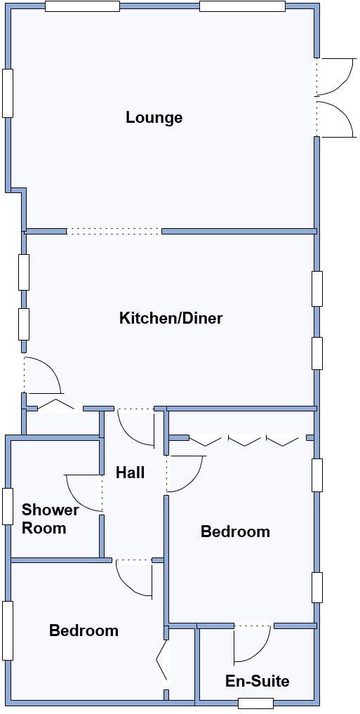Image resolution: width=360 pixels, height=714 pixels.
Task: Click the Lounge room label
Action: pyautogui.click(x=154, y=117)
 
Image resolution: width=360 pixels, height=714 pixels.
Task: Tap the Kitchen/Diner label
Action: pyautogui.click(x=171, y=318)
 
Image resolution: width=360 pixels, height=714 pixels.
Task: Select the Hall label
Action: pyautogui.click(x=130, y=472)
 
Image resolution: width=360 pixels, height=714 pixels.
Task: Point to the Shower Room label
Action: pyautogui.click(x=50, y=519)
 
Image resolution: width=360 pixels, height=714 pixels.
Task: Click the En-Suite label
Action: pyautogui.click(x=257, y=681)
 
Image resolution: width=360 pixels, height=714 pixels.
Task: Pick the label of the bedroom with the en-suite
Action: pyautogui.click(x=235, y=531)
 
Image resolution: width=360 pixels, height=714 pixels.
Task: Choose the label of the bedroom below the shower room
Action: pyautogui.click(x=84, y=630)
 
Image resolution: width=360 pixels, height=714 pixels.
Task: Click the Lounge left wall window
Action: pyautogui.click(x=8, y=92)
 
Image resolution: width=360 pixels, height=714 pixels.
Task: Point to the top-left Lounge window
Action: pyautogui.click(x=82, y=6)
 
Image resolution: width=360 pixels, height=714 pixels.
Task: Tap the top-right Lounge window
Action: pyautogui.click(x=242, y=6)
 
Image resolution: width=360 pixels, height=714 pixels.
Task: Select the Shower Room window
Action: pyautogui.click(x=8, y=505)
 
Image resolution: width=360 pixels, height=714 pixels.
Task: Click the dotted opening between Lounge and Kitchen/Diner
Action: pyautogui.click(x=114, y=231)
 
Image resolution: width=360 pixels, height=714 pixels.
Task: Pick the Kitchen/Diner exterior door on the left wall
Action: pyautogui.click(x=42, y=376)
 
